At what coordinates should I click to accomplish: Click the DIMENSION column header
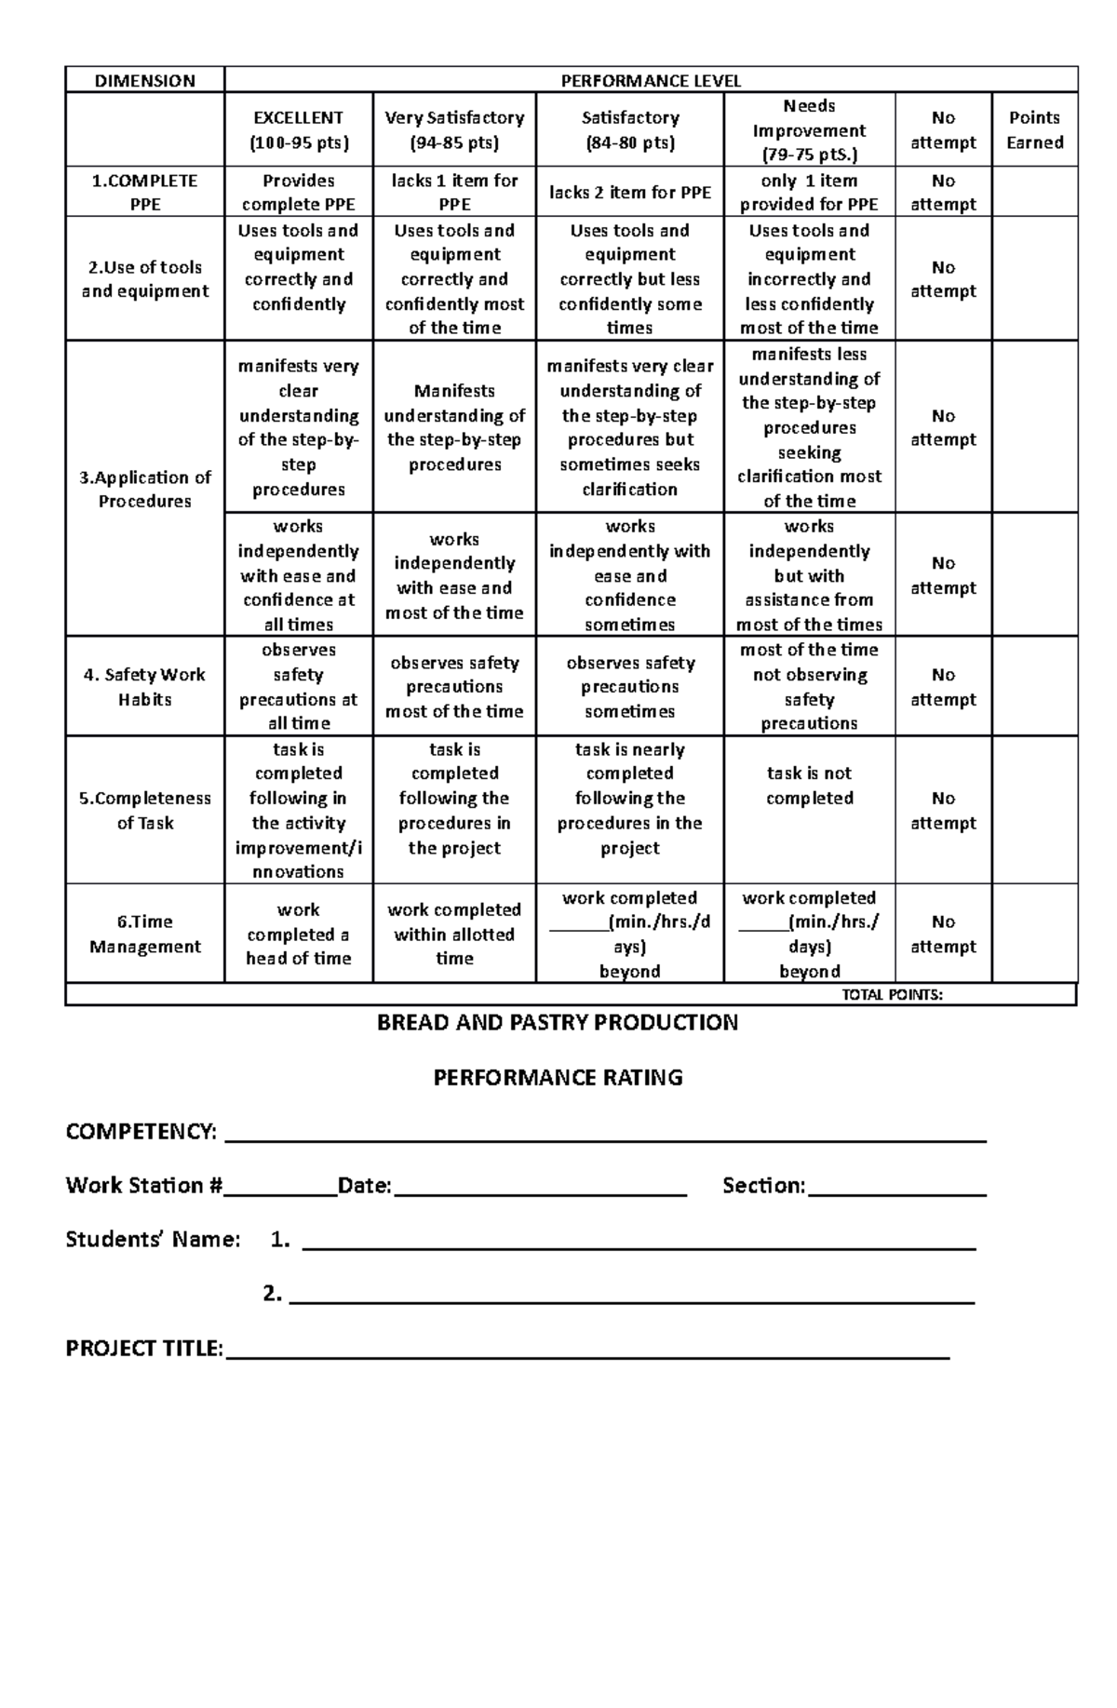tap(144, 80)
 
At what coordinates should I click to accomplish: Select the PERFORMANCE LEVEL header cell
tap(651, 80)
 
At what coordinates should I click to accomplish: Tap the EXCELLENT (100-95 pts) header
tap(298, 129)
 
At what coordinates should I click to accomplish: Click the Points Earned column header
tap(1034, 129)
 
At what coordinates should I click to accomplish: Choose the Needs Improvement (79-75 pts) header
tap(809, 130)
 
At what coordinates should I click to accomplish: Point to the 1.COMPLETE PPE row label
tap(144, 192)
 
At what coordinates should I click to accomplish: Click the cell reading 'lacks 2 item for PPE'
tap(629, 192)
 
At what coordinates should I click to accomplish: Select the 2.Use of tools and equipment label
tap(144, 278)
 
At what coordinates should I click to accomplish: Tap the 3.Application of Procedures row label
tap(144, 489)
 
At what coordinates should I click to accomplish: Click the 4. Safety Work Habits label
tap(144, 686)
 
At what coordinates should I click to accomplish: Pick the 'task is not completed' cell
tap(809, 786)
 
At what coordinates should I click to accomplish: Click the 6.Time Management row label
tap(144, 934)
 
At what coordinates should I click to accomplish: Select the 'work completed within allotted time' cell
tap(454, 934)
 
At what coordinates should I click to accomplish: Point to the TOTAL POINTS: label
tap(892, 994)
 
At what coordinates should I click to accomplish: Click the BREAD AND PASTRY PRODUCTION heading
tap(557, 1022)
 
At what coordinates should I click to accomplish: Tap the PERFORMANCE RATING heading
tap(558, 1077)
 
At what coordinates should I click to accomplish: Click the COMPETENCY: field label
tap(141, 1131)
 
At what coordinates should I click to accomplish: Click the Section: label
tap(763, 1185)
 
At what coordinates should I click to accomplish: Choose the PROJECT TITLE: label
tap(144, 1348)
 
